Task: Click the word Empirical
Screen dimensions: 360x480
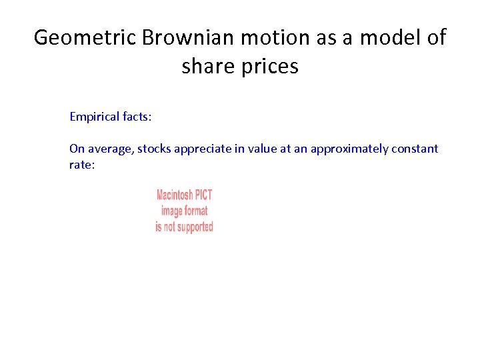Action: [x=95, y=117]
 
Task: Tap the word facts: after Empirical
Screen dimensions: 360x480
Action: [x=137, y=117]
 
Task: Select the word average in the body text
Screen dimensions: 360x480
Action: [x=111, y=149]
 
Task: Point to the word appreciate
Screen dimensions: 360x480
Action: [x=203, y=149]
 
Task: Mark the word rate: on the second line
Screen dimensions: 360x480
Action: [x=83, y=165]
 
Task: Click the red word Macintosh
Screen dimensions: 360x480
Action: [x=175, y=195]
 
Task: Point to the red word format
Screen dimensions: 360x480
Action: [x=193, y=211]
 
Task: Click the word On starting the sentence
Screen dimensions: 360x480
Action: [x=77, y=149]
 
